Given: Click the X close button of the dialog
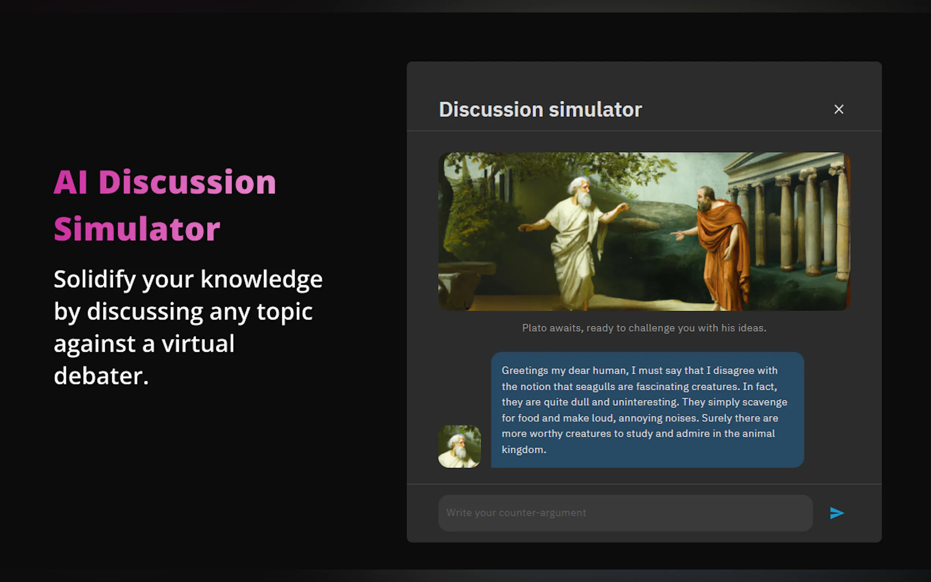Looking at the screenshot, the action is [x=839, y=109].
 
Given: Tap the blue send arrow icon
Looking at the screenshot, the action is [x=837, y=513].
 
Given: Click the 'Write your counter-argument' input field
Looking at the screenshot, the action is [x=625, y=513].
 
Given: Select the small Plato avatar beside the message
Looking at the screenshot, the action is [x=460, y=446].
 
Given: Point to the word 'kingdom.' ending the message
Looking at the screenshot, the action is [x=524, y=450].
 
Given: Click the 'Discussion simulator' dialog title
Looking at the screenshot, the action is [x=540, y=110].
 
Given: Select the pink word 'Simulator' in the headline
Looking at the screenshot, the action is [x=137, y=229].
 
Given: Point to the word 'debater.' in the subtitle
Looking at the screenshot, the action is [x=101, y=376].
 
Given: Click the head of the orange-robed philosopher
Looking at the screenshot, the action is [x=706, y=199].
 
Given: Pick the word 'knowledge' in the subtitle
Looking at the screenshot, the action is [x=261, y=279].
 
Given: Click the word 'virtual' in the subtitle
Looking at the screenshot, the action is [x=198, y=343].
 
